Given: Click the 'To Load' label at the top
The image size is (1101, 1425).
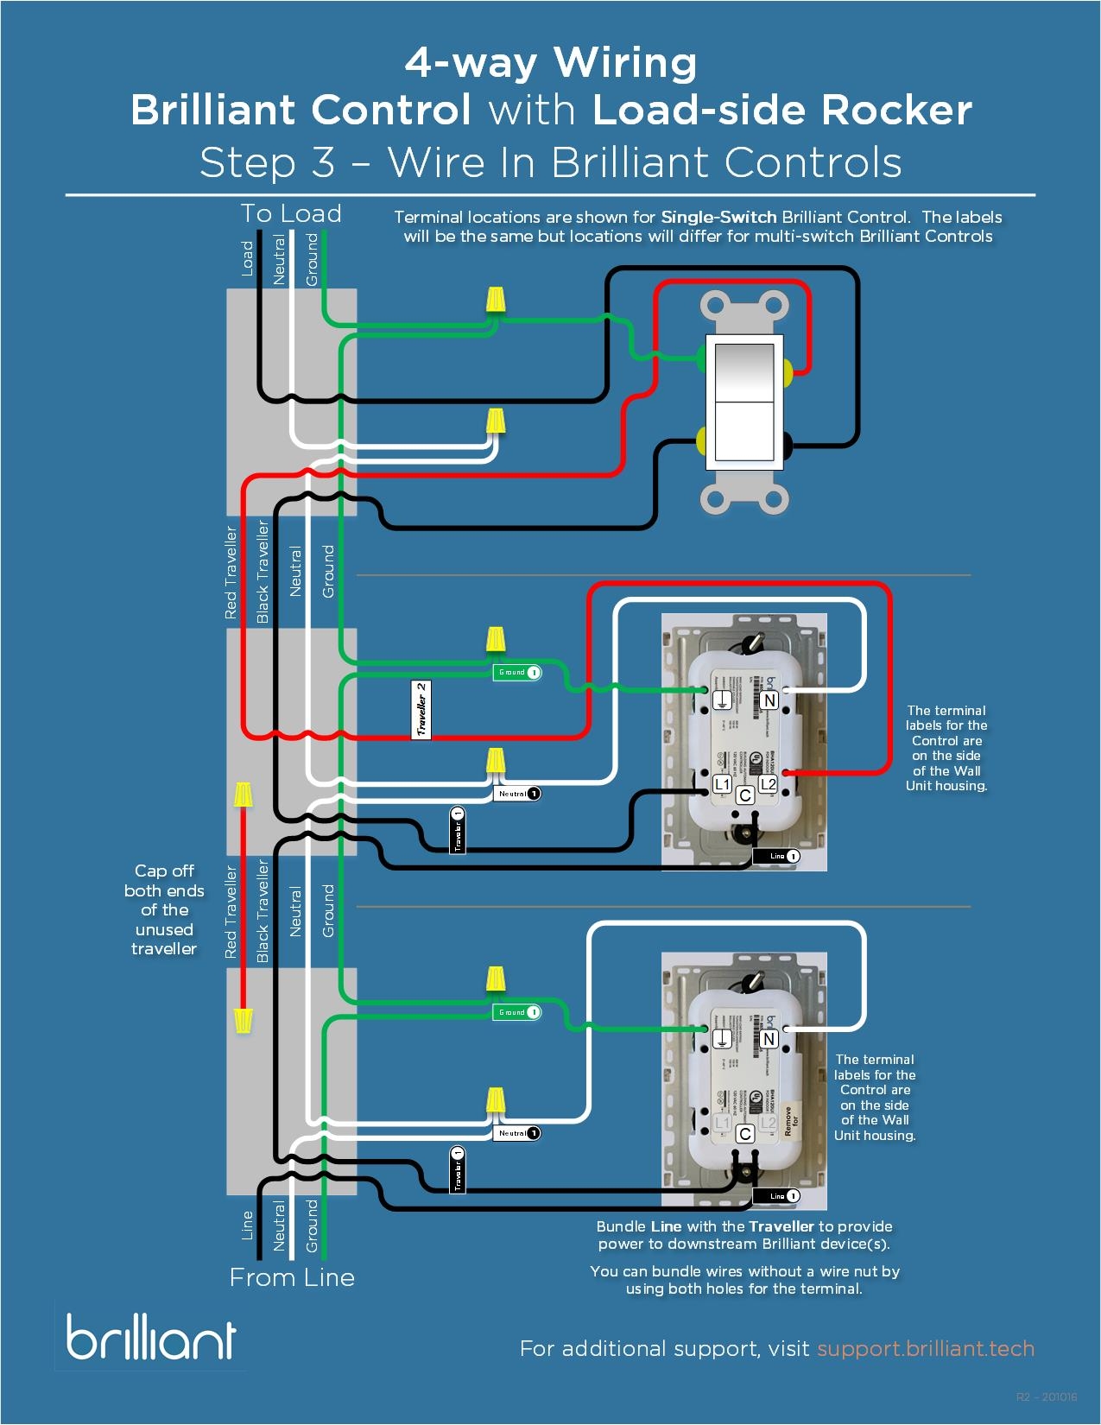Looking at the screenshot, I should click(x=291, y=213).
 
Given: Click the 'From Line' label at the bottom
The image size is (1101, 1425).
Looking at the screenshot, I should click(x=292, y=1277).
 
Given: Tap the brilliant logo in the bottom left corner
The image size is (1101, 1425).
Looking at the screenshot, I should click(x=151, y=1337).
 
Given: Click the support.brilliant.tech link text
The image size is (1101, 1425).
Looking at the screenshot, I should click(x=925, y=1348).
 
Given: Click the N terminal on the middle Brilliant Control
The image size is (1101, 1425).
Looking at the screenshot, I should click(x=769, y=700).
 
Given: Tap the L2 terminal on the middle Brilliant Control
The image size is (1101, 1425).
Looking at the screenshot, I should click(x=768, y=784).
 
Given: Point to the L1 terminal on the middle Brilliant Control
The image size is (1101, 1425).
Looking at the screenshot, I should click(x=722, y=784).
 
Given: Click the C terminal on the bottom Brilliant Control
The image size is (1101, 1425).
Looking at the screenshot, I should click(x=745, y=1134).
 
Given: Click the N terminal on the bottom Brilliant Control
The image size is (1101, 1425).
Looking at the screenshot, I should click(x=769, y=1039).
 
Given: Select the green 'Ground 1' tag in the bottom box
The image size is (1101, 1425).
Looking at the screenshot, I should click(x=516, y=1012).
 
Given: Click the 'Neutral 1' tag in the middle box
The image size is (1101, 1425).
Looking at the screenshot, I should click(x=516, y=794).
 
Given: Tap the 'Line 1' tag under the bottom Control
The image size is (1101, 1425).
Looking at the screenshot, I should click(x=775, y=1196).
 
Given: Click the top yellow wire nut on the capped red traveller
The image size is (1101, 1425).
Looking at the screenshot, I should click(x=244, y=794).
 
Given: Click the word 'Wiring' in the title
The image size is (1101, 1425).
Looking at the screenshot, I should click(x=624, y=62).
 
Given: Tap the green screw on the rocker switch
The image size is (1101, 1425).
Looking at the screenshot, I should click(x=701, y=356).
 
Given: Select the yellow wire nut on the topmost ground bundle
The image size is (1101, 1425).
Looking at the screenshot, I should click(x=495, y=300).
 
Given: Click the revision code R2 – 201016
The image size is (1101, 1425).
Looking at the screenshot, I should click(x=1047, y=1396).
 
